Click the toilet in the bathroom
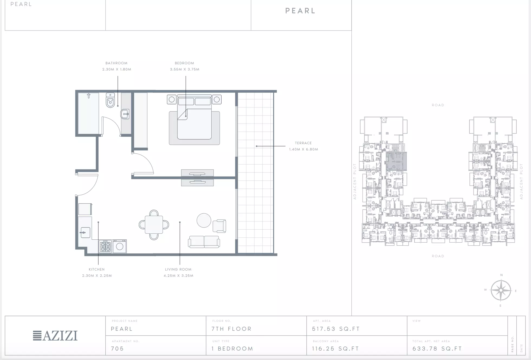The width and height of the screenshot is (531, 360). (110, 100)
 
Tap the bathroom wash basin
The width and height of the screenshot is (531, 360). (125, 114)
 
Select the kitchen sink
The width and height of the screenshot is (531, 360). (85, 232)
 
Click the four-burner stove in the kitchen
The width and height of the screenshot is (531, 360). (105, 246)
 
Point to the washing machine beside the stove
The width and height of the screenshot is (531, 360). (119, 246)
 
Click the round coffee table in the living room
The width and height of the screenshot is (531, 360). (204, 220)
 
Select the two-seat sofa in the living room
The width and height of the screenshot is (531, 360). (204, 242)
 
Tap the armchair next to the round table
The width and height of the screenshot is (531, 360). (219, 226)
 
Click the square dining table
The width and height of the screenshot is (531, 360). (154, 224)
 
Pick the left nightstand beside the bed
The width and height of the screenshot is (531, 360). (171, 99)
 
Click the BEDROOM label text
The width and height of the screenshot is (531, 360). (184, 63)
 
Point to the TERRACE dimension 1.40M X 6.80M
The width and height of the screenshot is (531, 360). (303, 149)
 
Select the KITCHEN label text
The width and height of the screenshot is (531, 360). (97, 269)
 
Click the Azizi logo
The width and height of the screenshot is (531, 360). (55, 336)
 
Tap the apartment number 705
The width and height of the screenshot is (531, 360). (117, 349)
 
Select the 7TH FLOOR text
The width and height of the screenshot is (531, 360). (232, 329)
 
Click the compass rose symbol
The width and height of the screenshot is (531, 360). (501, 290)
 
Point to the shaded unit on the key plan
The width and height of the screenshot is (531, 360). (396, 161)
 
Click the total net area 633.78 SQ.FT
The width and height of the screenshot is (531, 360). (437, 349)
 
